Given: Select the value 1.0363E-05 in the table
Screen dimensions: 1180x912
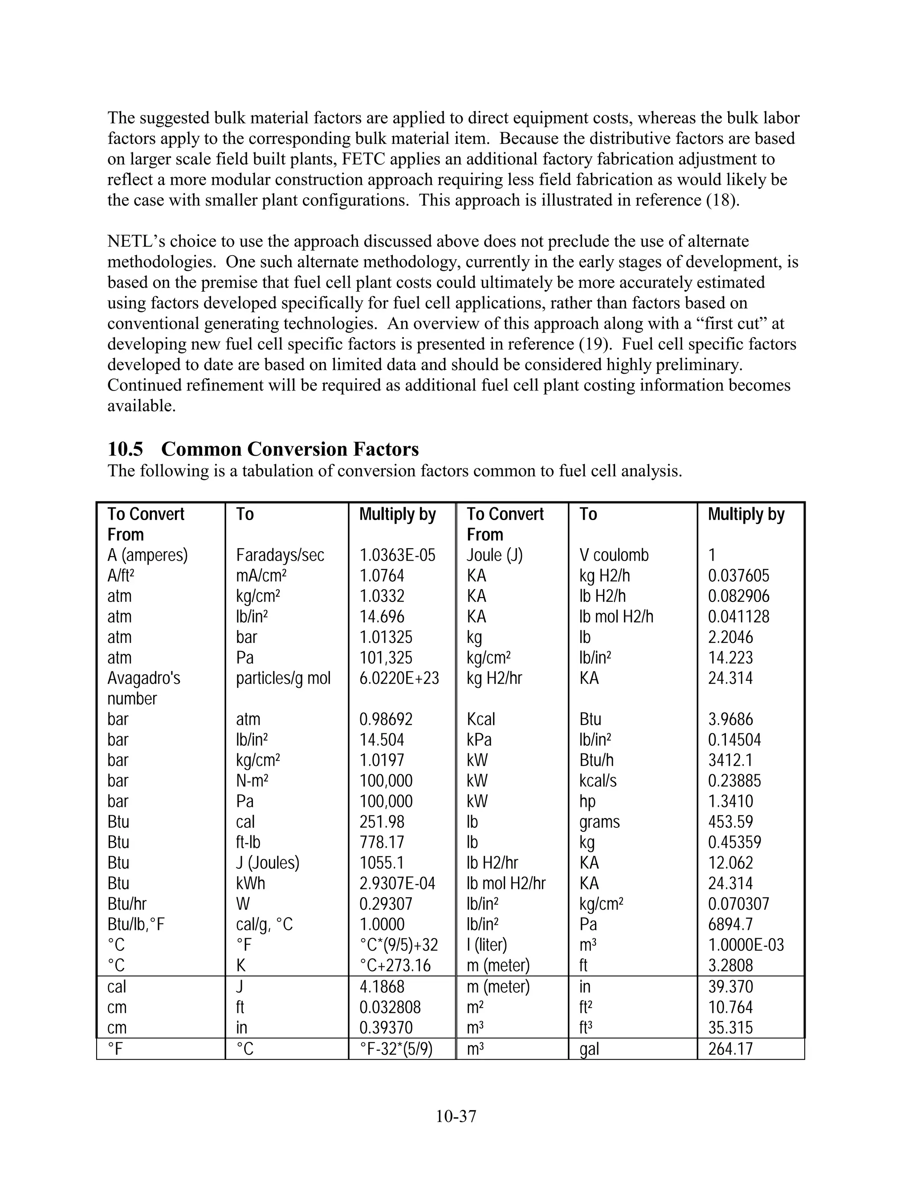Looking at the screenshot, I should [397, 555].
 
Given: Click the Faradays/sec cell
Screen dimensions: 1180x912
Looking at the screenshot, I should [280, 555].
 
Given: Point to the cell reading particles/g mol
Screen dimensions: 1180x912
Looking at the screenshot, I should [283, 678].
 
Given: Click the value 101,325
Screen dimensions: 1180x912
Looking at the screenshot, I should [386, 658].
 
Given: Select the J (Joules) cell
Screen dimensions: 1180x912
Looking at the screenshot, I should [268, 863].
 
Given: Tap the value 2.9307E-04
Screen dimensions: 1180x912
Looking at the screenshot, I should [397, 883].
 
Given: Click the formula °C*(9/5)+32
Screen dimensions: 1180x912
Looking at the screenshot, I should [399, 945].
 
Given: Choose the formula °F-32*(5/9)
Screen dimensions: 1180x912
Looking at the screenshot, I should [396, 1049].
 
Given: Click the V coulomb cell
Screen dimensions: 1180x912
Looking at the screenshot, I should [614, 555].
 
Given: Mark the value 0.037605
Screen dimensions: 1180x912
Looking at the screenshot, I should [739, 576].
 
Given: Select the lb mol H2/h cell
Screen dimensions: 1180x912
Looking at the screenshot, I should [616, 616].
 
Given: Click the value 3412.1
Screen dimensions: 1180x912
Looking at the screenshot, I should [730, 760].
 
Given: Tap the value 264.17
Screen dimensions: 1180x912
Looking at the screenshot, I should [730, 1049].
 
